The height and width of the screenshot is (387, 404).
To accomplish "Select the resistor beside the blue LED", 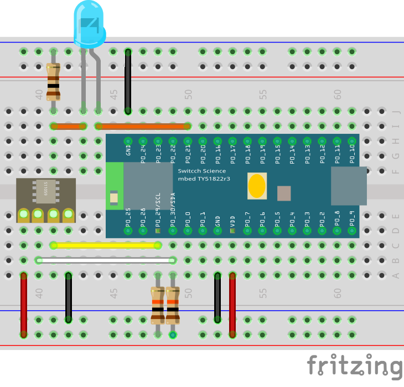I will coord(53,81).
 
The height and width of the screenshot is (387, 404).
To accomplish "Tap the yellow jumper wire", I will coord(105,245).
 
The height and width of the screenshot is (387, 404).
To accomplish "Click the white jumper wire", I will coord(105,260).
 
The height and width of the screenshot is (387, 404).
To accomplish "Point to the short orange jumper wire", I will coord(68,126).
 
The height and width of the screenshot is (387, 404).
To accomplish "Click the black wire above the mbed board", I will coord(128,82).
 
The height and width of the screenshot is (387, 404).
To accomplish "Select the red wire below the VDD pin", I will coord(232,304).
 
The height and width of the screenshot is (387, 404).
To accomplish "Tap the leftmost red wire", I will coord(24,304).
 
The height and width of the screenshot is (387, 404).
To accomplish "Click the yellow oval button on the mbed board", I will coord(257,186).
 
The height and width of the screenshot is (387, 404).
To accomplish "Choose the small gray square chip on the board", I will coord(284,193).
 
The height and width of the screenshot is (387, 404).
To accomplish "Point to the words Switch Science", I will coord(201,171).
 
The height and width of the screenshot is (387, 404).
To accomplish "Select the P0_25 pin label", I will coord(128,216).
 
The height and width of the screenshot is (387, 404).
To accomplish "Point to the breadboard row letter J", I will coord(395,111).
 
